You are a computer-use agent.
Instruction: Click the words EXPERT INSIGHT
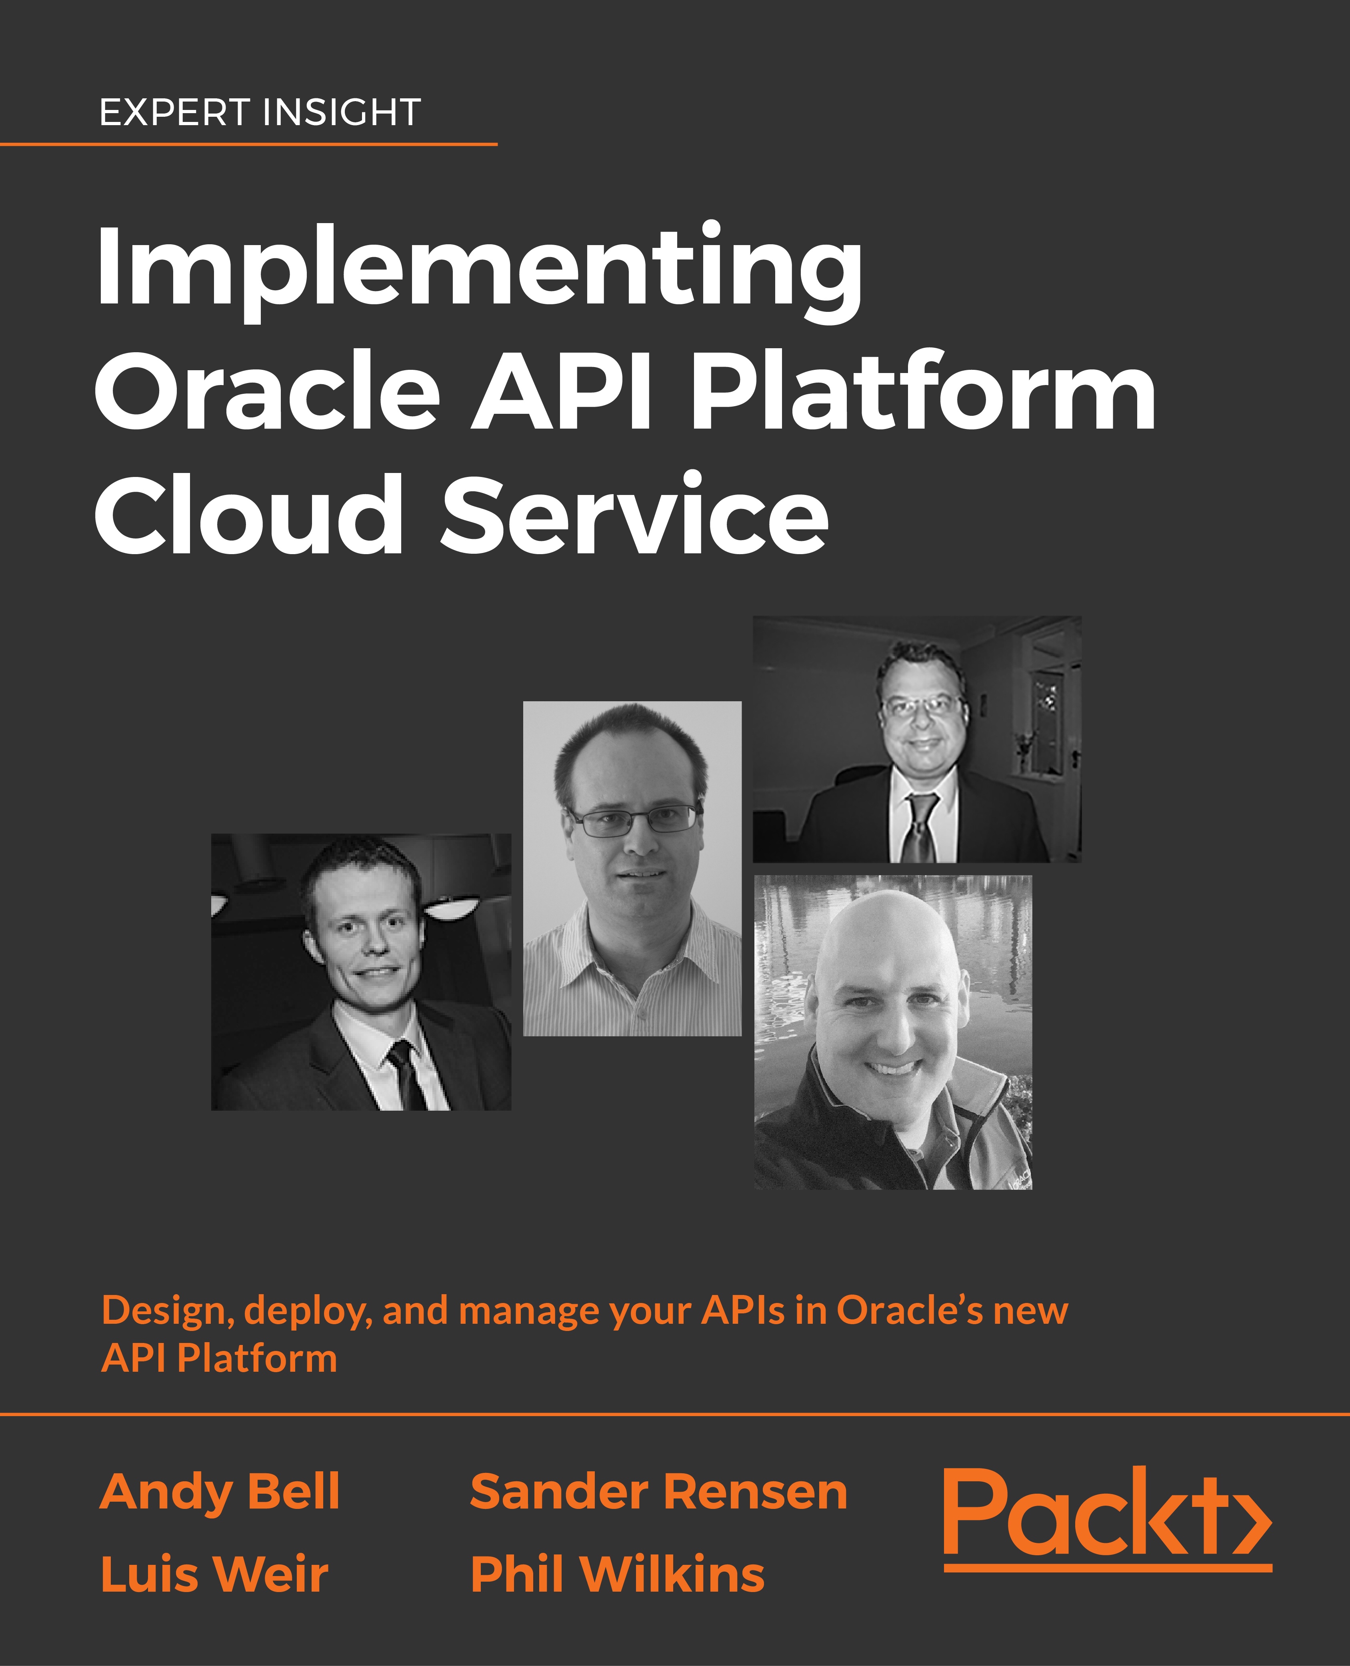pos(260,113)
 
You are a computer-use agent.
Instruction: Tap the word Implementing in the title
pos(479,272)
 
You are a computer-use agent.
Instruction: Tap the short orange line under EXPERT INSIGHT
pos(249,144)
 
